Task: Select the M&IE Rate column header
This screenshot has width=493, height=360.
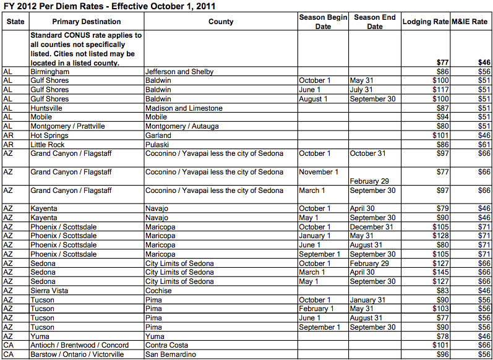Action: (x=471, y=22)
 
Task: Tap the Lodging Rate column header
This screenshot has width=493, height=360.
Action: (x=425, y=22)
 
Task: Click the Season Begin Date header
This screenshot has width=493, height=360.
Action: (x=323, y=22)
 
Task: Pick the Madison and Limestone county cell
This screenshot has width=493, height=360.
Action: (x=184, y=108)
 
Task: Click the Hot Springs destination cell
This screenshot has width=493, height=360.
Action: (x=49, y=135)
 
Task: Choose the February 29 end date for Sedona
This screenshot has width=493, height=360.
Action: (x=373, y=264)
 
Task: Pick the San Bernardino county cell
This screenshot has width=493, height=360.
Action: (x=171, y=354)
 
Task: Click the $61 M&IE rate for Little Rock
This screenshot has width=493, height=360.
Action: (x=483, y=144)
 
